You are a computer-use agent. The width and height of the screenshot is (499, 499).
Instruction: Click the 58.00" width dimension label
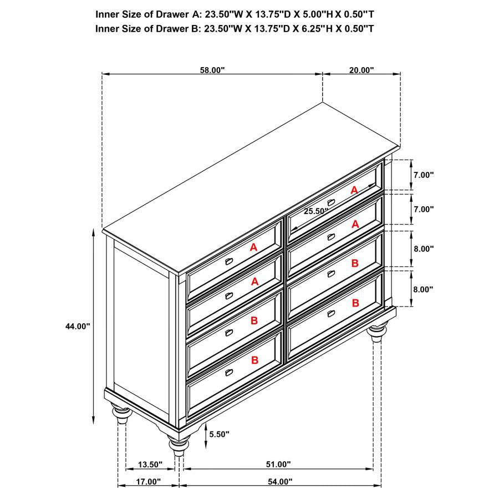212,70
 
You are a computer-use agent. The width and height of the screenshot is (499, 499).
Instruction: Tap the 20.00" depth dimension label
361,70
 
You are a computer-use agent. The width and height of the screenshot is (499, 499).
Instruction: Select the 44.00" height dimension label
77,327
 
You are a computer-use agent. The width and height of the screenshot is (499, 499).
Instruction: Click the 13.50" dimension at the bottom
150,465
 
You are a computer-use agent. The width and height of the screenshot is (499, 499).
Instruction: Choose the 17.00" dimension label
148,482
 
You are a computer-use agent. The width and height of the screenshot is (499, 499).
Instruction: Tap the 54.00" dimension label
279,482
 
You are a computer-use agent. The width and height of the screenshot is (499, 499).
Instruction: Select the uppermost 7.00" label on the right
423,175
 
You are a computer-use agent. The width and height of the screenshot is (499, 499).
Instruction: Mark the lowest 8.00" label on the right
423,289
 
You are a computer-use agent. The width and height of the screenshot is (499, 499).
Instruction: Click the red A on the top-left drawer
253,248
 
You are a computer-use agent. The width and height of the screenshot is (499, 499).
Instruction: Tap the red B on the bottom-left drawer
254,360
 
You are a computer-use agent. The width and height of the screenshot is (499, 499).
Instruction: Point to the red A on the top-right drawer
354,190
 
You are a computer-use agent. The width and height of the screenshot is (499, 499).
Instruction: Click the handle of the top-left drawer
229,261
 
